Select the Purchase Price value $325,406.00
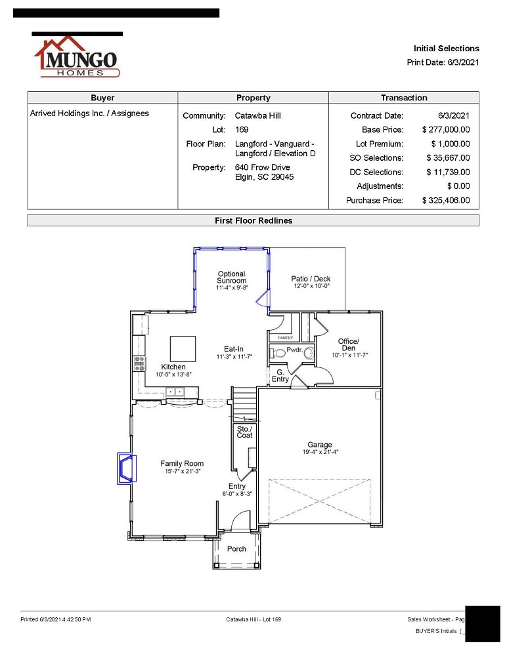point(446,200)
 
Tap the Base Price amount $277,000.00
point(446,130)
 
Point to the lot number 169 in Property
point(241,130)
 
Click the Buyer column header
point(102,98)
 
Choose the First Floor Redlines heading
point(253,220)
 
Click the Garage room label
point(320,444)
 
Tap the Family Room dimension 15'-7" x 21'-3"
point(183,471)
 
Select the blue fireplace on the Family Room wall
point(127,468)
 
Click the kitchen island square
point(183,348)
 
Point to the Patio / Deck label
point(311,279)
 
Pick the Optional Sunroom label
point(232,277)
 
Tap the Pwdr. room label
point(294,350)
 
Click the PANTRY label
point(285,338)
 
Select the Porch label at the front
point(236,548)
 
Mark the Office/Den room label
point(349,344)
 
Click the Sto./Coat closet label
point(245,432)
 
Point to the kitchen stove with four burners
point(139,364)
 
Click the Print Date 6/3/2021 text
point(443,62)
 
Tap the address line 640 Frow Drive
point(262,167)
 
